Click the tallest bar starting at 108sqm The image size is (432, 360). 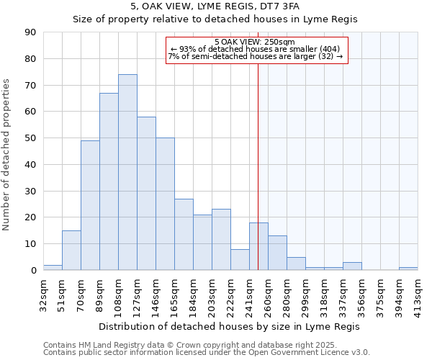(127, 172)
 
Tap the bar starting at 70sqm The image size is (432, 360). (90, 205)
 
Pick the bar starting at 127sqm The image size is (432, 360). (146, 193)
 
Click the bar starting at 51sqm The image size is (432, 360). (71, 250)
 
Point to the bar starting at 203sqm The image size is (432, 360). (221, 240)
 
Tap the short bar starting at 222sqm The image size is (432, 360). (240, 259)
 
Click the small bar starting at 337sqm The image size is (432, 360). (352, 266)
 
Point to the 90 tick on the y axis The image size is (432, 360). (31, 32)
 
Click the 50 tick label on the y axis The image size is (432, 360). (31, 138)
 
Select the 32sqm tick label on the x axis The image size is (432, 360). (43, 294)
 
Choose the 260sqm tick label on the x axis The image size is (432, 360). (268, 294)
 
